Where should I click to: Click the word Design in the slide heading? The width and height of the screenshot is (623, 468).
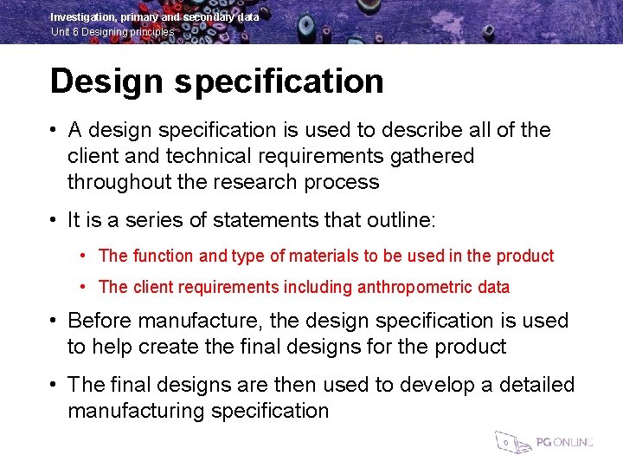pyautogui.click(x=107, y=81)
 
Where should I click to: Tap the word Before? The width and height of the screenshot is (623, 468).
pyautogui.click(x=99, y=321)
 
